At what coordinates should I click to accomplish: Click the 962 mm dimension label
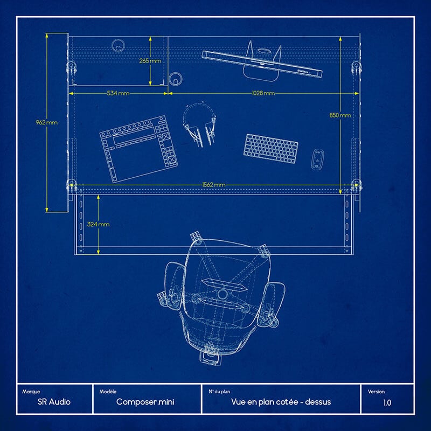pos(47,122)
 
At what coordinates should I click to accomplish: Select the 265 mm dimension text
pos(150,61)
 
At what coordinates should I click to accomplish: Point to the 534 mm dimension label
pos(118,93)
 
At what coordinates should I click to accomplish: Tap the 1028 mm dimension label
pos(263,93)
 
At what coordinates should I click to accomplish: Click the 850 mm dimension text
pos(340,115)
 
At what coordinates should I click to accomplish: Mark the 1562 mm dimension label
pos(214,185)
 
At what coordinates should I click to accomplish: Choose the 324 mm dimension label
pos(98,224)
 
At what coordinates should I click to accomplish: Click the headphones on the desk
pos(200,124)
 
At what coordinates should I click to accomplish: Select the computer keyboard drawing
pos(271,149)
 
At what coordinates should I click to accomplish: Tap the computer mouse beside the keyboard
pos(317,159)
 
